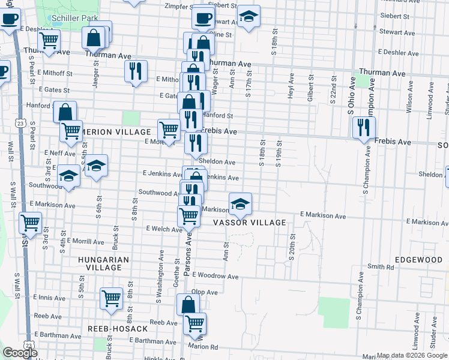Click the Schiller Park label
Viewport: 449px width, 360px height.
(x=74, y=18)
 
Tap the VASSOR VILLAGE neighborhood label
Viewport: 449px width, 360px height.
(x=250, y=223)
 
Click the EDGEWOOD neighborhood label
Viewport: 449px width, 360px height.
(x=418, y=260)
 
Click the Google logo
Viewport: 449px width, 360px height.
(x=19, y=353)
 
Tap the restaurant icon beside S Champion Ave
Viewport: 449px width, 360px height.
(x=364, y=127)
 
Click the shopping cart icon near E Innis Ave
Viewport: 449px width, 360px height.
(x=111, y=298)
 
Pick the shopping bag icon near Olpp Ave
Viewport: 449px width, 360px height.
(x=188, y=304)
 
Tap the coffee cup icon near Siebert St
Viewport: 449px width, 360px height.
(x=203, y=18)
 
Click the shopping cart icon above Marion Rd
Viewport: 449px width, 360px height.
(x=194, y=323)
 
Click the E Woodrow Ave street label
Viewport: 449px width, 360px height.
(x=215, y=277)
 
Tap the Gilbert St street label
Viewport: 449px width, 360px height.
(x=311, y=87)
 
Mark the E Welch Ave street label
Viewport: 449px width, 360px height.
(x=164, y=229)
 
